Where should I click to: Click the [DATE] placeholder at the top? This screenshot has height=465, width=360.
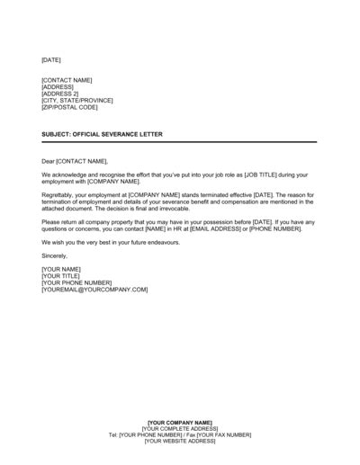coord(51,59)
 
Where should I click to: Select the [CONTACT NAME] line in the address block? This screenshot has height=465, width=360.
coord(67,80)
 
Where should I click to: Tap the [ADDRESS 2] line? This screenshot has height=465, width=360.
coord(60,94)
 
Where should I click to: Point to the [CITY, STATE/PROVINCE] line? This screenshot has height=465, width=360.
coord(78,100)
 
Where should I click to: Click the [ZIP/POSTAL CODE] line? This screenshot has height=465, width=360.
coord(68,107)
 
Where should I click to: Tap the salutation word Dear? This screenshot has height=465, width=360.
coord(49,160)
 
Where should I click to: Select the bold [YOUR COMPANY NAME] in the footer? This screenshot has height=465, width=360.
coord(180,422)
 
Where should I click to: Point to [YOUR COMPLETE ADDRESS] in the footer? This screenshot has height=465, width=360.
coord(180,428)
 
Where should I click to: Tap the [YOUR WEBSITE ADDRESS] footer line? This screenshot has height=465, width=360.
coord(180,441)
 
